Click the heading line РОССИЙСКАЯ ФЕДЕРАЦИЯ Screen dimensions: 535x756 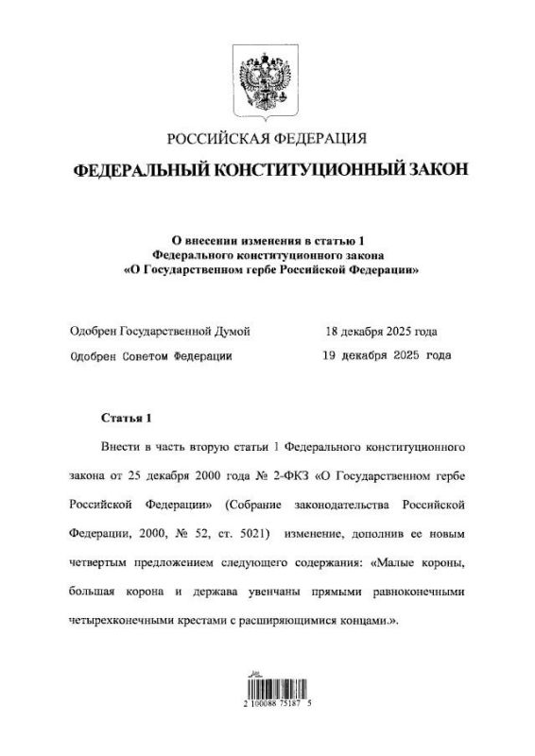[x=267, y=140]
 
